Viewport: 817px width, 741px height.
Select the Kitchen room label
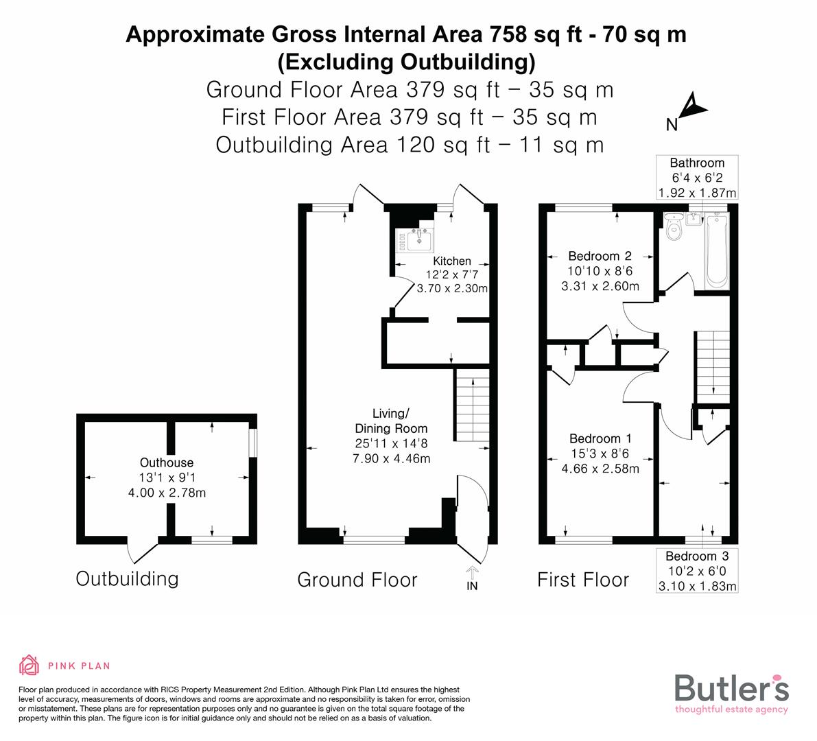point(452,261)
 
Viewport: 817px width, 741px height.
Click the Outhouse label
point(167,463)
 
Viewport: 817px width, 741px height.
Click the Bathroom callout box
point(697,178)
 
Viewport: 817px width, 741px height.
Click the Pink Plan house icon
point(29,665)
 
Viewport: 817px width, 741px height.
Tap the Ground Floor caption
point(357,580)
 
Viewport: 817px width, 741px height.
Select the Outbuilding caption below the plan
point(127,578)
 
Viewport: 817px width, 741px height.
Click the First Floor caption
point(582,580)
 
